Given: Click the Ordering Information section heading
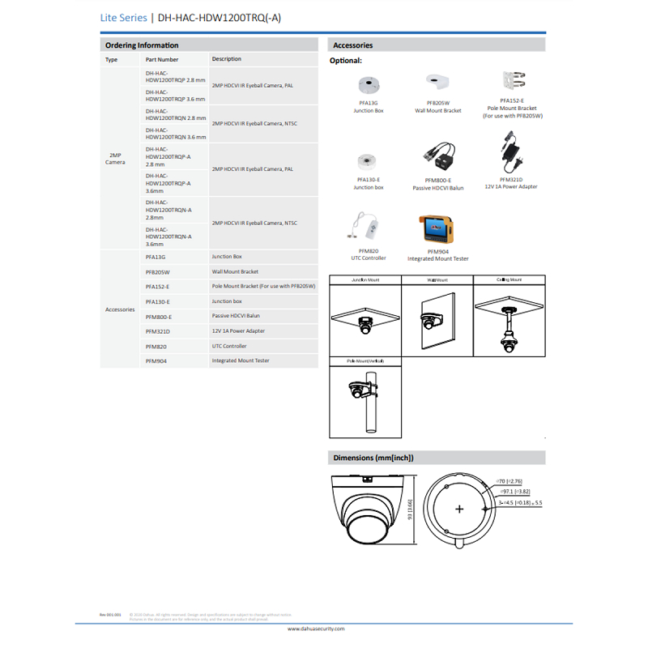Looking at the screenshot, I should (142, 45).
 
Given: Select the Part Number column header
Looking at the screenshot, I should (162, 59).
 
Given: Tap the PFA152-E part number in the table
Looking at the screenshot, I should (158, 287).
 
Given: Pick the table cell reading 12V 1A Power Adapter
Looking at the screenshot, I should (238, 331).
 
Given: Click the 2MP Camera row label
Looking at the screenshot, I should (115, 158).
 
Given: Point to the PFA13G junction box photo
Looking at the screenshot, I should (369, 85).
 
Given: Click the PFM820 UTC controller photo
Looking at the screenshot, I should (364, 227).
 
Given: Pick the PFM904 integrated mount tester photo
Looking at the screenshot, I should (437, 230).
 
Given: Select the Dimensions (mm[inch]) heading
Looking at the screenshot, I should (373, 458).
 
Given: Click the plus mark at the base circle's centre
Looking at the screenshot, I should (459, 509).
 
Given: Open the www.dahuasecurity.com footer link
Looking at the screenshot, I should (316, 629).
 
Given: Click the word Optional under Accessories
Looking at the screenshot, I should (345, 61).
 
